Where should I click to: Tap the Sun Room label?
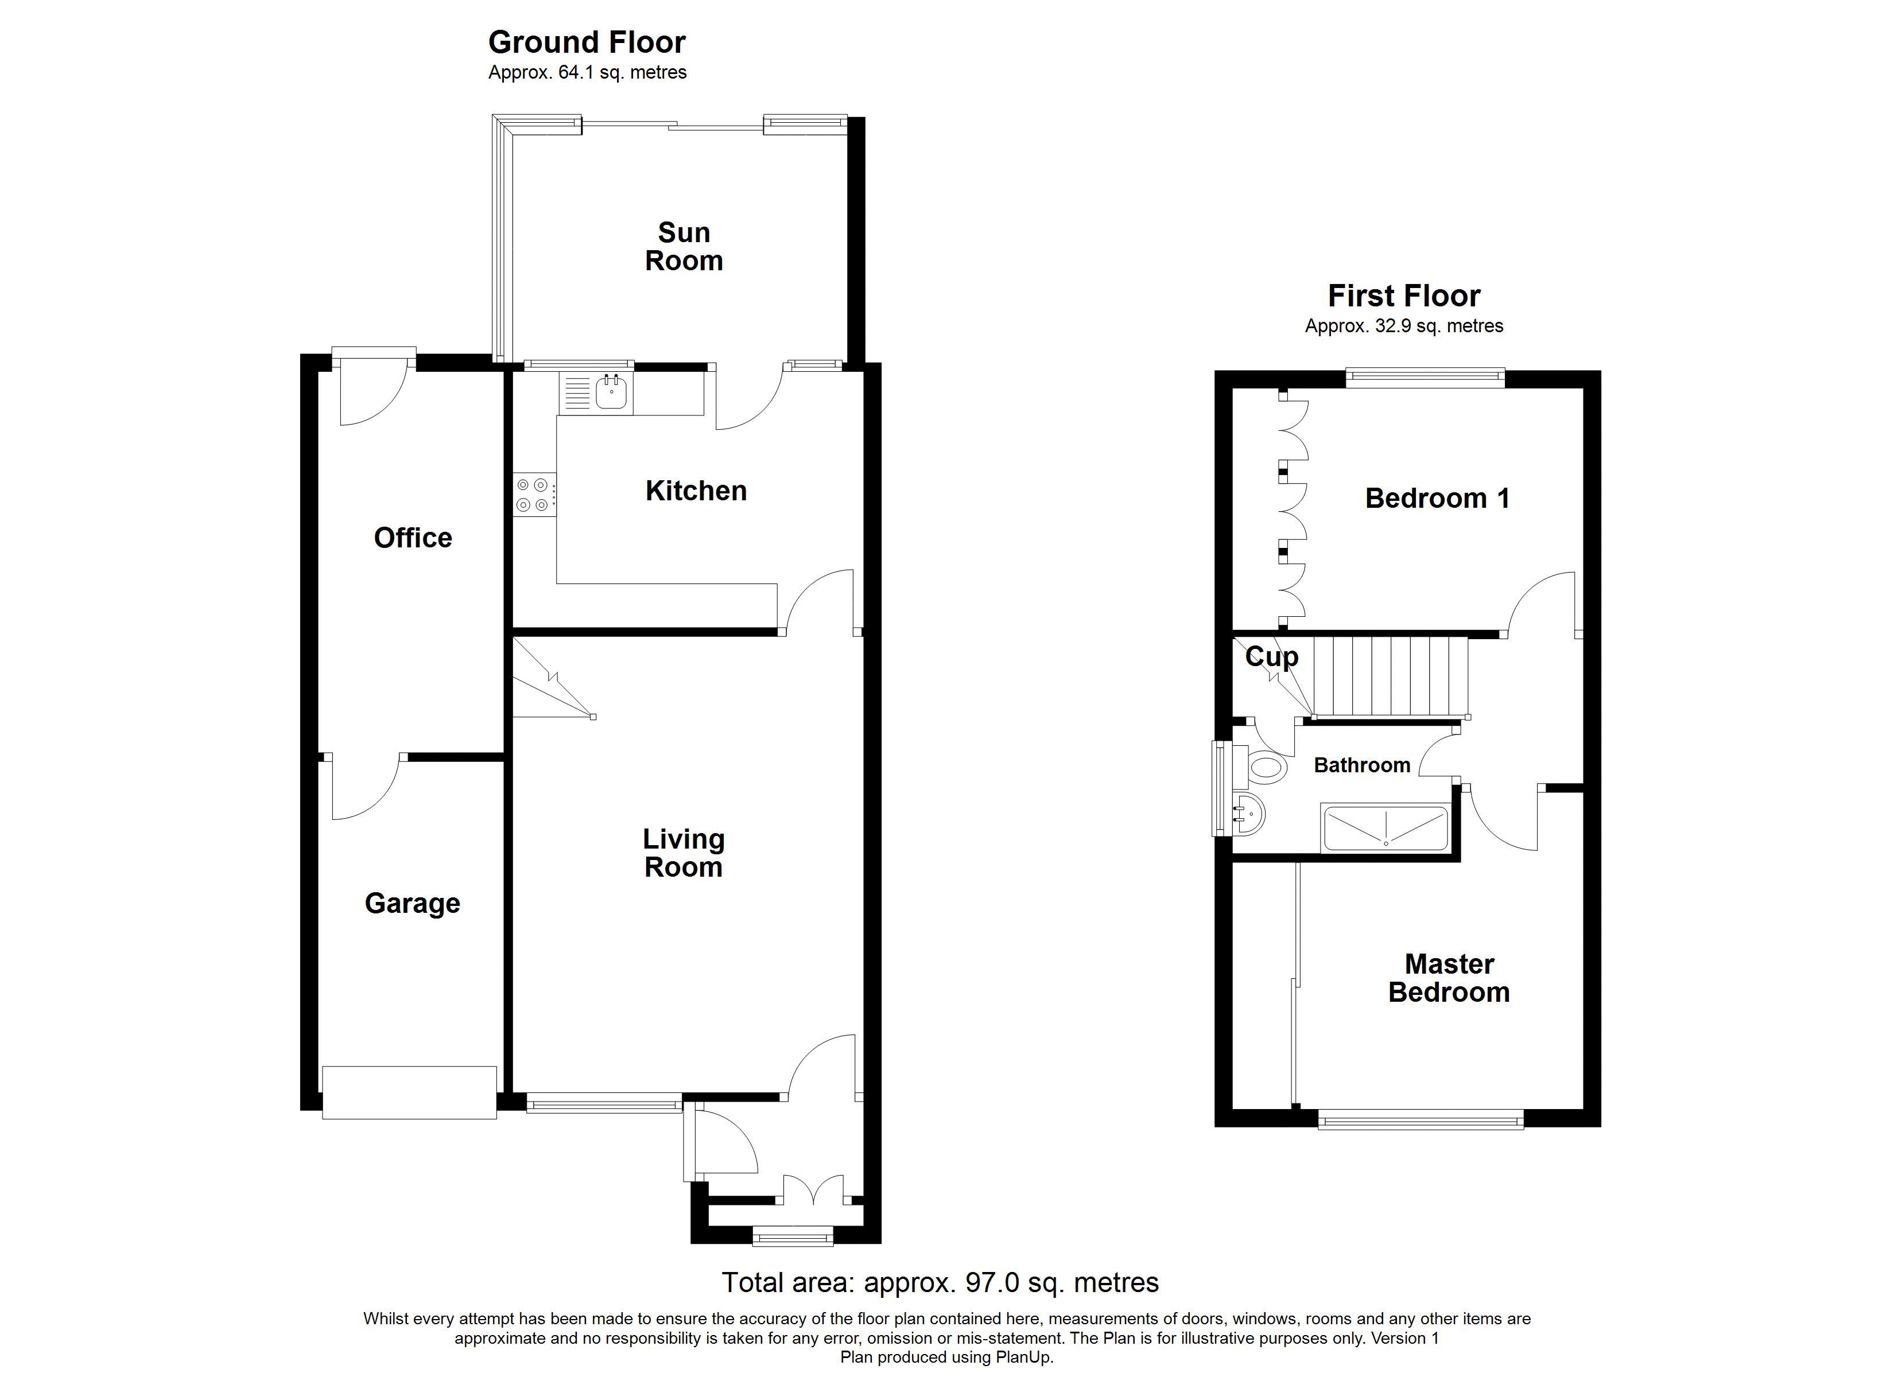click(x=683, y=246)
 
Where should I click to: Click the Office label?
click(x=413, y=538)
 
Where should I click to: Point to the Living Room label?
click(x=683, y=853)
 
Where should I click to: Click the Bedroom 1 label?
click(x=1437, y=499)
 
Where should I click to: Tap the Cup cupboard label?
click(x=1272, y=657)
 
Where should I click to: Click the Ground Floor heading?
click(x=587, y=42)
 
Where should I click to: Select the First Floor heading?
click(x=1404, y=295)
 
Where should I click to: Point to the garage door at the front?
click(x=410, y=1092)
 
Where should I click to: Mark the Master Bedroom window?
click(x=1420, y=1119)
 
